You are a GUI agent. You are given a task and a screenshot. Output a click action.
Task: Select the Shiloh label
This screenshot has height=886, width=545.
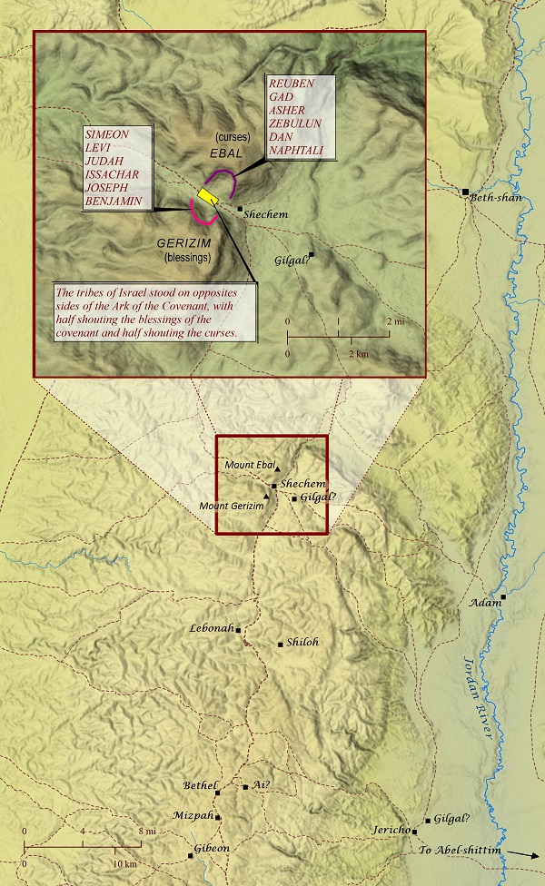(x=302, y=642)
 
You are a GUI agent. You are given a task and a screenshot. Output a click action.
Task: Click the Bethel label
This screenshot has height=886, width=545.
(x=201, y=785)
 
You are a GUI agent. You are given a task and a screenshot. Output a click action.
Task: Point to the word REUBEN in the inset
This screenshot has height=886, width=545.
(x=290, y=84)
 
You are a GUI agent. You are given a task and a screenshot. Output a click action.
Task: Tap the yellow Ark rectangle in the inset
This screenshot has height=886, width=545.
(x=209, y=195)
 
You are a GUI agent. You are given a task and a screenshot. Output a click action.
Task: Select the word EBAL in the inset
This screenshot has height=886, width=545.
(x=223, y=154)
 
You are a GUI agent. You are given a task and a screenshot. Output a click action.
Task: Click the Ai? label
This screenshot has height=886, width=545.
(x=262, y=785)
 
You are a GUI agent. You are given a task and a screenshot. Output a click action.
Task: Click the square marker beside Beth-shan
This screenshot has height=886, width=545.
(x=465, y=192)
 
